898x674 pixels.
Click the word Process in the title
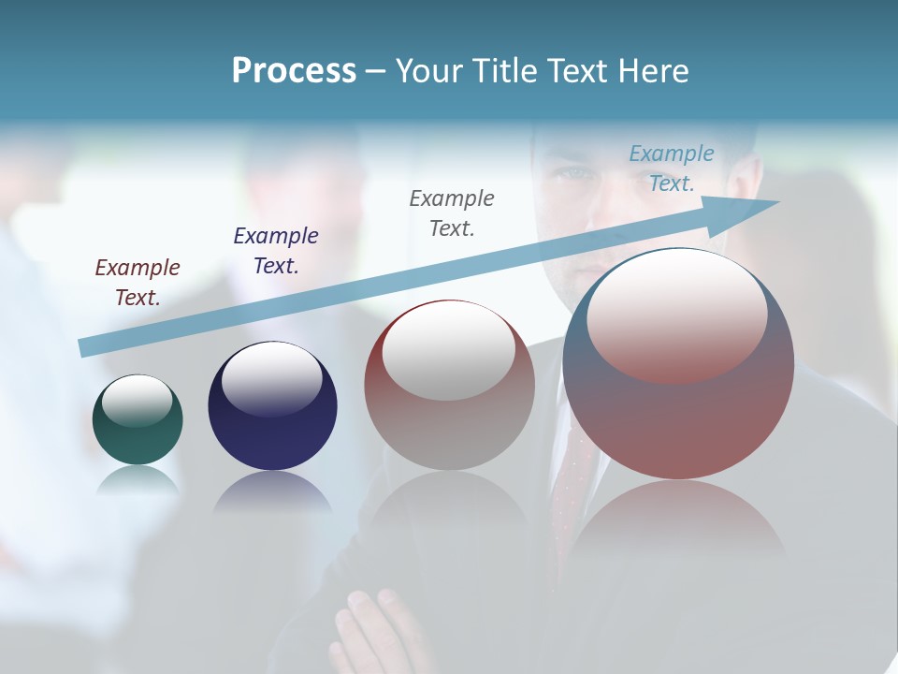[x=294, y=71]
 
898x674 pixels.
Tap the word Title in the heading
[x=506, y=71]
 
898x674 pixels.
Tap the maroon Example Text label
[x=138, y=282]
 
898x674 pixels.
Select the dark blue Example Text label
[x=276, y=250]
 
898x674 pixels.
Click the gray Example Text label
[x=452, y=212]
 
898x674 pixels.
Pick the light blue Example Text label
[x=672, y=168]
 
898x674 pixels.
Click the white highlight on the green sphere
[x=138, y=401]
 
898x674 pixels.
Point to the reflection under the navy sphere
[x=272, y=491]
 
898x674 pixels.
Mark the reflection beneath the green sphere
[x=138, y=479]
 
